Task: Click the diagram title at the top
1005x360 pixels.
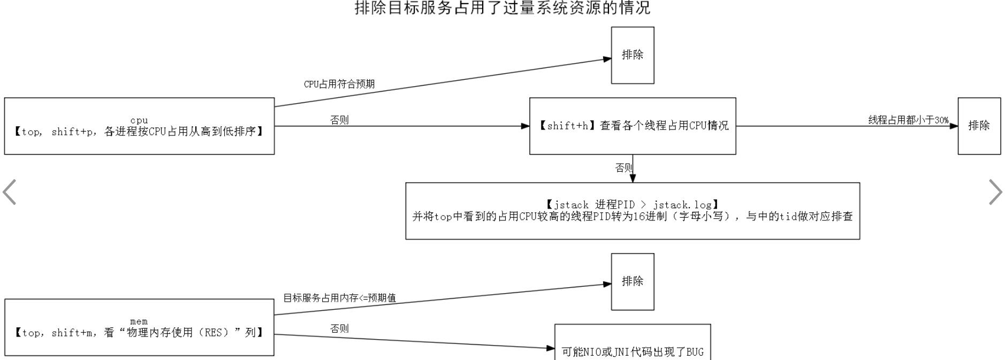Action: click(x=502, y=8)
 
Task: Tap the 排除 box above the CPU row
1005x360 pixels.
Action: click(x=633, y=55)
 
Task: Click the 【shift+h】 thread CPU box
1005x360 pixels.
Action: click(x=633, y=126)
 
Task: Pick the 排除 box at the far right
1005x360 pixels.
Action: click(x=979, y=126)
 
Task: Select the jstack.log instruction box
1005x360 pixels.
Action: click(x=633, y=211)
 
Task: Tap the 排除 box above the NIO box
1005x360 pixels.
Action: click(x=633, y=281)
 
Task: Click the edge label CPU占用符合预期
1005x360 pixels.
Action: click(x=339, y=84)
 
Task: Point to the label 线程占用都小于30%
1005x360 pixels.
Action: click(x=908, y=120)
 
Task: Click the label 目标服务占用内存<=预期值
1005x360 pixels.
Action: click(x=339, y=298)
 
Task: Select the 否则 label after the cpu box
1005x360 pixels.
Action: click(x=339, y=120)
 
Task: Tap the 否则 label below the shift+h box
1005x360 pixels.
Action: click(x=623, y=168)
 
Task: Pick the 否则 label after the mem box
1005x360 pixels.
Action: click(x=339, y=328)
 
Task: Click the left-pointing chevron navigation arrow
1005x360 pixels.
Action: click(x=10, y=192)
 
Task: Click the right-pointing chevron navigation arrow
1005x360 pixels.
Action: click(x=995, y=192)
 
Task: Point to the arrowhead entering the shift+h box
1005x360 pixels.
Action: click(x=526, y=126)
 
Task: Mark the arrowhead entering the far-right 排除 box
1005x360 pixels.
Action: click(x=954, y=126)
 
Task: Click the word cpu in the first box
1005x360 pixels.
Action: click(x=139, y=120)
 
